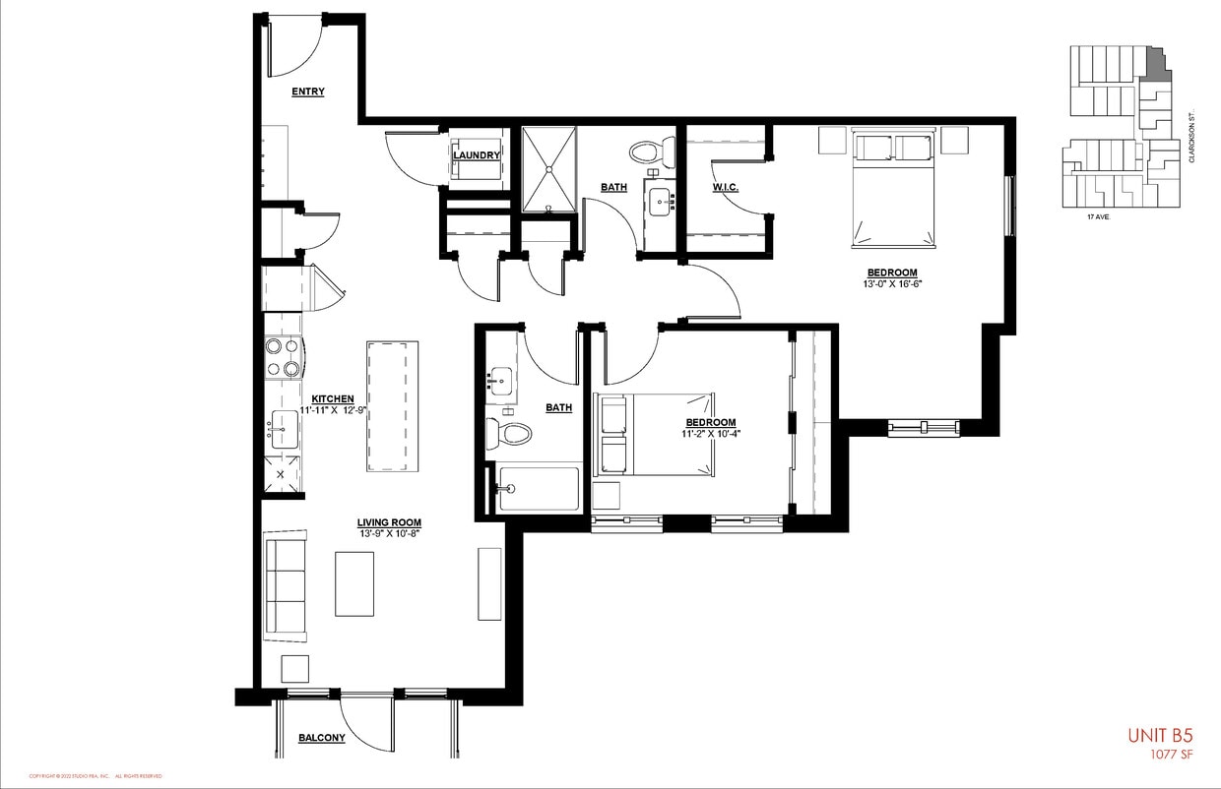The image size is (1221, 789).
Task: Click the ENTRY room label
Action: (x=308, y=91)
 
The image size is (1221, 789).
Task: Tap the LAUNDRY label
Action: (x=477, y=155)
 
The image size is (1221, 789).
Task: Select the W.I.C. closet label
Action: (x=725, y=187)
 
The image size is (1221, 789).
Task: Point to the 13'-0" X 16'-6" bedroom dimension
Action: (x=892, y=283)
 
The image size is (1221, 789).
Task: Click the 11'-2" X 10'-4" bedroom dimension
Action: (x=711, y=433)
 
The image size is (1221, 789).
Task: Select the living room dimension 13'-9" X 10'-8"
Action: (x=390, y=533)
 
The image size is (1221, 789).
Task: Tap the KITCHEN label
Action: (x=333, y=398)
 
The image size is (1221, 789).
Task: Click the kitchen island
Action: (x=393, y=406)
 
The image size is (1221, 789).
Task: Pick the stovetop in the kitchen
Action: (x=282, y=357)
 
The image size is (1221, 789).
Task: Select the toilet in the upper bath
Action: (x=649, y=152)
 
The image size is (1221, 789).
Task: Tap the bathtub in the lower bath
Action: (x=538, y=488)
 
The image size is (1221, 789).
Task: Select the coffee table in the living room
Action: (x=354, y=583)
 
